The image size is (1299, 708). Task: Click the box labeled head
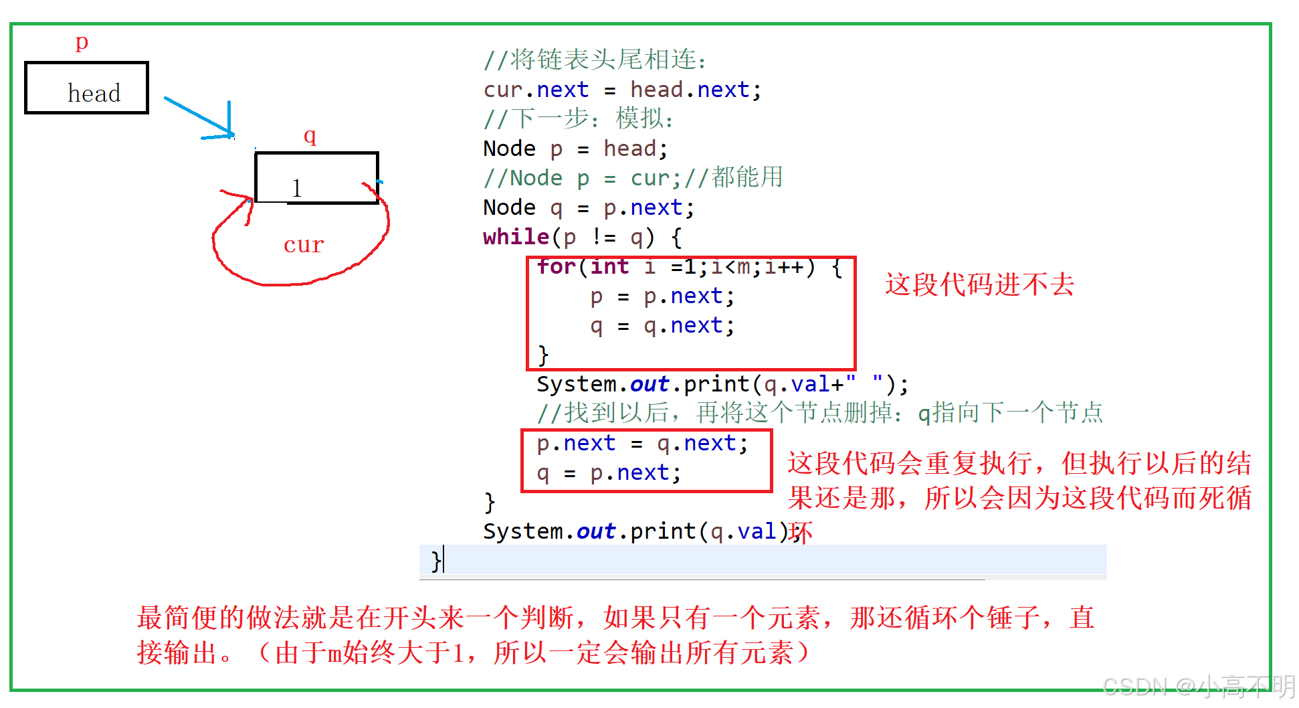pyautogui.click(x=86, y=88)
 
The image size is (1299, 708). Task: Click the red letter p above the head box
pyautogui.click(x=82, y=41)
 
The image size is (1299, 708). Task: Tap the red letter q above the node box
pyautogui.click(x=310, y=136)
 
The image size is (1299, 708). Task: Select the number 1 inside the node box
pyautogui.click(x=297, y=188)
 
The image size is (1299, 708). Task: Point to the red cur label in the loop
pyautogui.click(x=304, y=245)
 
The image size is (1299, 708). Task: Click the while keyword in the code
pyautogui.click(x=516, y=237)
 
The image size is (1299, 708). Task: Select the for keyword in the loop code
pyautogui.click(x=556, y=266)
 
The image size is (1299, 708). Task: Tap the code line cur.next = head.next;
pyautogui.click(x=622, y=90)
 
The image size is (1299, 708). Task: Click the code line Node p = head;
pyautogui.click(x=575, y=149)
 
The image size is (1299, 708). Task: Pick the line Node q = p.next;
pyautogui.click(x=589, y=207)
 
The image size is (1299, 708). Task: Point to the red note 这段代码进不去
pyautogui.click(x=979, y=284)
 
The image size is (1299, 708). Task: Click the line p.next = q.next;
pyautogui.click(x=642, y=443)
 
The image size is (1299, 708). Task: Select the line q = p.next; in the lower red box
pyautogui.click(x=609, y=472)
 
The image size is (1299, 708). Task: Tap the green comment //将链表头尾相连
pyautogui.click(x=595, y=60)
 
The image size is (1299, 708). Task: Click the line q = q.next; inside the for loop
pyautogui.click(x=662, y=325)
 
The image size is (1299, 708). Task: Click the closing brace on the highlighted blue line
pyautogui.click(x=435, y=560)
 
